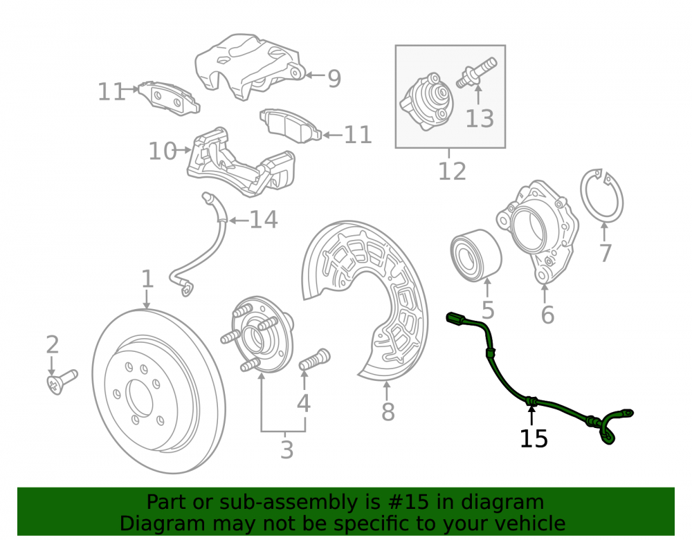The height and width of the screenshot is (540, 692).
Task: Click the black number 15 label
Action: coord(534,438)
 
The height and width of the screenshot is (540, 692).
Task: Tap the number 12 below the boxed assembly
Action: coord(452,171)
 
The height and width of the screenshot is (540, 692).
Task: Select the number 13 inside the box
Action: coord(480,119)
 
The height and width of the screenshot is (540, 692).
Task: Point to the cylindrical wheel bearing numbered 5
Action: coord(476,255)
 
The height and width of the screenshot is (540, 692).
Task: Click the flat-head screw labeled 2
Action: coord(62,382)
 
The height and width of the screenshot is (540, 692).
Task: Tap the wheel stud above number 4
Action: coord(314,360)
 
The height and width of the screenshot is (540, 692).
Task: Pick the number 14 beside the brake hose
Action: coord(264,220)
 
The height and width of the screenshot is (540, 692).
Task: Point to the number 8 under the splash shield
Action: coord(388,411)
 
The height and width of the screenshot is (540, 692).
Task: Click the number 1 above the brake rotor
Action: coord(147,279)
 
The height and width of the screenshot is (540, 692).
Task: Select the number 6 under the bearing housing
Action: coord(547,315)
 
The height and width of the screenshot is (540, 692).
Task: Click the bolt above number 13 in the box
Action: coord(476,73)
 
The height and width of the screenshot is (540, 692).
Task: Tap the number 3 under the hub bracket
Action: coord(287,449)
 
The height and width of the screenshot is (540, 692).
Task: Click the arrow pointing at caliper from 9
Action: coord(315,75)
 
